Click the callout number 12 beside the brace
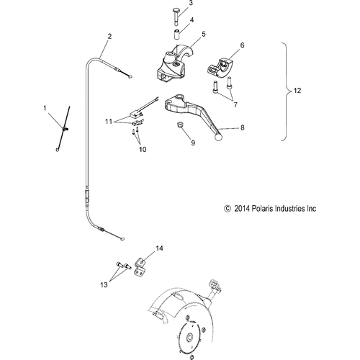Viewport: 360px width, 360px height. tap(297, 91)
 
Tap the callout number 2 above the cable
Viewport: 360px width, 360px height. tap(109, 37)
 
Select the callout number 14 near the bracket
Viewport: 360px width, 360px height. tap(159, 248)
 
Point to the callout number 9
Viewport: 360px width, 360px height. tap(193, 143)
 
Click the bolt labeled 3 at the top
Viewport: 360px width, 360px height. tap(176, 17)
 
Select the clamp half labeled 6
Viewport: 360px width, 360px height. tap(220, 67)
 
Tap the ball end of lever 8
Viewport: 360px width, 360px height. tap(219, 137)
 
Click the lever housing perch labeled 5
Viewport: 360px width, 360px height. tap(173, 63)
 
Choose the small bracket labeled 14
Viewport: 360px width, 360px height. tap(140, 267)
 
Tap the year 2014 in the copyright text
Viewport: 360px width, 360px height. tap(242, 208)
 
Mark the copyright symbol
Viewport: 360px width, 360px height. tap(228, 208)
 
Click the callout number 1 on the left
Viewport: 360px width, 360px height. tap(45, 108)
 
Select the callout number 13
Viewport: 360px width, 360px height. tap(104, 285)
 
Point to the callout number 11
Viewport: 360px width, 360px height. tap(109, 122)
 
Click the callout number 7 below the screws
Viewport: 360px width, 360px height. tap(235, 104)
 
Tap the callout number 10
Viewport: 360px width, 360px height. tap(143, 150)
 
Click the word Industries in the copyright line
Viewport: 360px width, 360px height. tap(289, 208)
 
